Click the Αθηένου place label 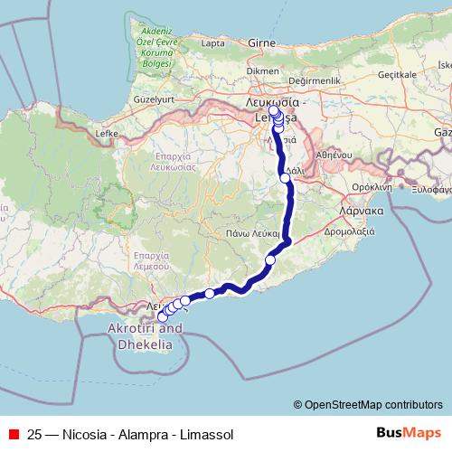pos(329,154)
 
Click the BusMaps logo pos(410,434)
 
